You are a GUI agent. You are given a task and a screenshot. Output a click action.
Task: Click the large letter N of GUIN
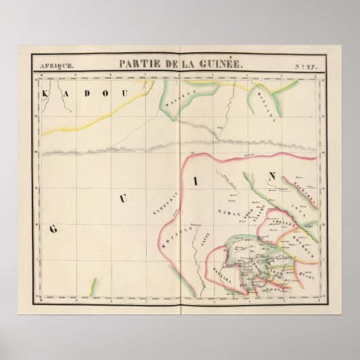(271, 176)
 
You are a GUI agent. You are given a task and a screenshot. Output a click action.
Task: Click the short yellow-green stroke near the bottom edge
(94, 285)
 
